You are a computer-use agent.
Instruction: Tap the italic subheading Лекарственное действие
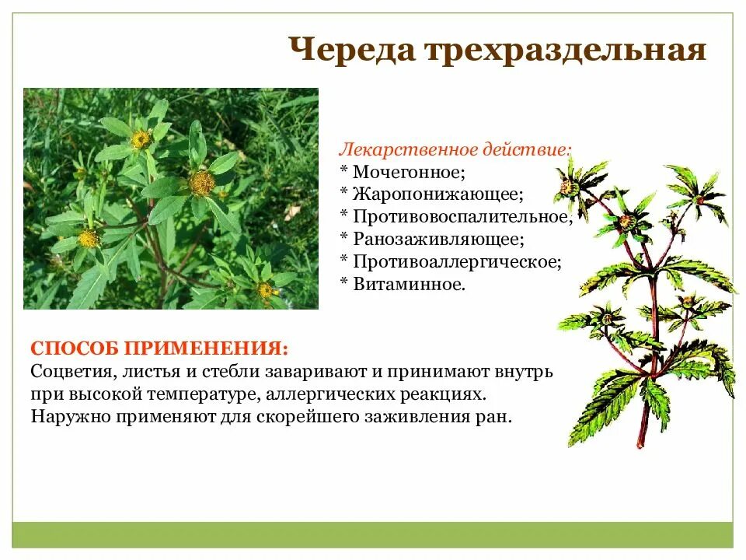click(x=455, y=148)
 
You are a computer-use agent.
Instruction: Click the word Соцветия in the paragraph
click(x=67, y=371)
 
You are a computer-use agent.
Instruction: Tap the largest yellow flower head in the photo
click(x=202, y=183)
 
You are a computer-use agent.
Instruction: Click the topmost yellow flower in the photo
click(x=141, y=139)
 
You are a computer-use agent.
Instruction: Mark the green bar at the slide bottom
click(x=373, y=534)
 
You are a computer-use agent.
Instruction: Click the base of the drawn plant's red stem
click(x=641, y=443)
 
